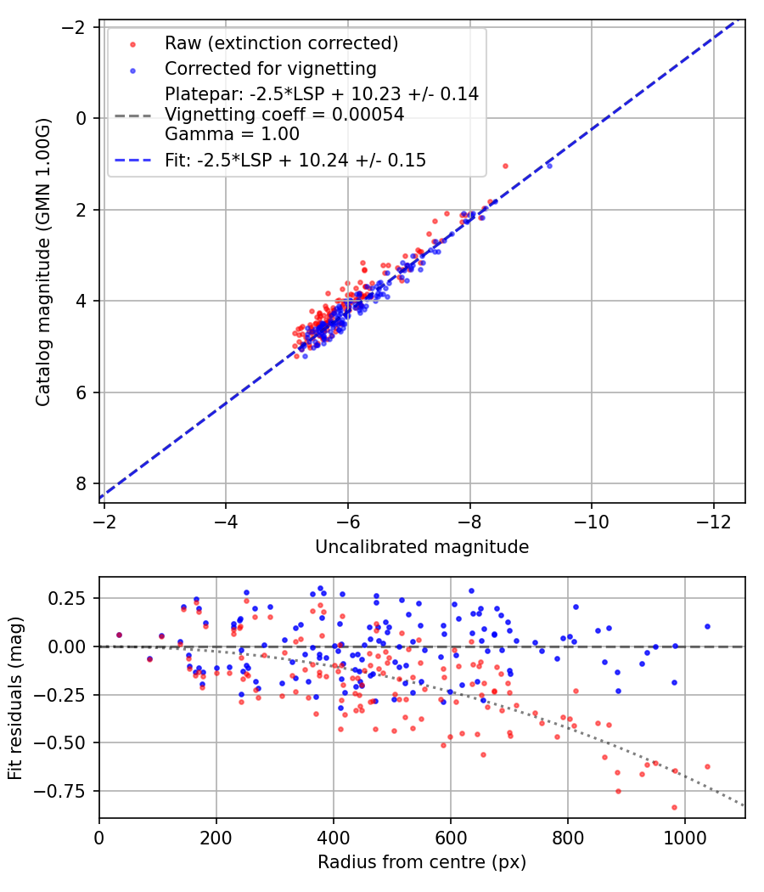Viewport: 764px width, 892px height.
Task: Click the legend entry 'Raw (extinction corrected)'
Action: tap(281, 42)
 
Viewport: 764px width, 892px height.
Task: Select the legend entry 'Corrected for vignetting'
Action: tap(270, 68)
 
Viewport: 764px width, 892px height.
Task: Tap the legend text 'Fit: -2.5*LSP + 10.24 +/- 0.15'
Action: tap(295, 160)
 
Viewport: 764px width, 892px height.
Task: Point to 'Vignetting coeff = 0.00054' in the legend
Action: tap(284, 114)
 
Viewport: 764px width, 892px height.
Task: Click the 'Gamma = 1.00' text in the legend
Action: tap(232, 133)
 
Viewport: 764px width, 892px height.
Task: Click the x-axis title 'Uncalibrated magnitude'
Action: tap(422, 547)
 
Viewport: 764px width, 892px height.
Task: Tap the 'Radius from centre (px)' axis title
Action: tap(422, 862)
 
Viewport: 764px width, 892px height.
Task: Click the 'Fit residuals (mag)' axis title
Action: tap(14, 698)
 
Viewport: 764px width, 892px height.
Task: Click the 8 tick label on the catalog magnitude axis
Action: tap(82, 483)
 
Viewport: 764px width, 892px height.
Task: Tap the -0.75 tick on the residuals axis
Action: tap(69, 791)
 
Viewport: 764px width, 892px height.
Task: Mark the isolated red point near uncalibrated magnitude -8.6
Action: tap(505, 166)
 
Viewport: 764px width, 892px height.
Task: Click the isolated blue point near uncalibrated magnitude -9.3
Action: tap(548, 165)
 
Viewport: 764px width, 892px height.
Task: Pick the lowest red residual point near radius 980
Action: tap(674, 807)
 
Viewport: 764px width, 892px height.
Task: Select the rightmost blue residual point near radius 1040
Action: tap(707, 626)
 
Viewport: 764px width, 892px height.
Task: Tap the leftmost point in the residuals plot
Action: tap(119, 635)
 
